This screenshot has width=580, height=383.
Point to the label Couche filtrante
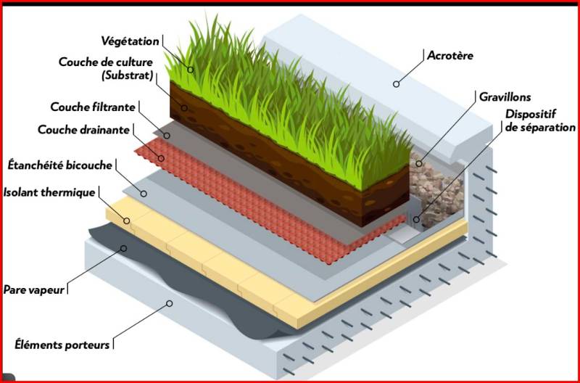point(92,107)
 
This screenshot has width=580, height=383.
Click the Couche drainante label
point(84,130)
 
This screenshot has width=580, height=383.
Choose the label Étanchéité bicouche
point(60,165)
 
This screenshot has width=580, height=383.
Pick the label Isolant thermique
point(49,192)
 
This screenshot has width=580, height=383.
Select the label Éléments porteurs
point(63,344)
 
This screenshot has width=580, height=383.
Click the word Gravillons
point(505,96)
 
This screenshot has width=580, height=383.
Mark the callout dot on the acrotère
point(396,84)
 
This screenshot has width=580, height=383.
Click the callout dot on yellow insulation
point(127,221)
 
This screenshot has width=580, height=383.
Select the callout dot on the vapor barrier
point(124,249)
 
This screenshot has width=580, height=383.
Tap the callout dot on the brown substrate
point(185,108)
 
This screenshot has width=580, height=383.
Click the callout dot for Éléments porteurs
point(170,303)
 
